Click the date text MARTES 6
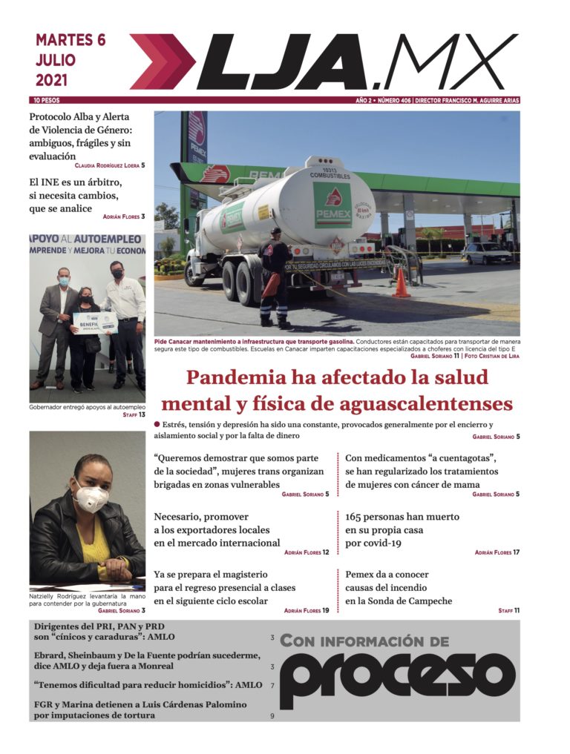71,40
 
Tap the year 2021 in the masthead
51,79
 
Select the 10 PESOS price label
46,100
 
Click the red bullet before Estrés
157,424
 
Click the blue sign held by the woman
94,322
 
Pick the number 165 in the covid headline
356,516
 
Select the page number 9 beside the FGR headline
272,716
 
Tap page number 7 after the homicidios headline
272,686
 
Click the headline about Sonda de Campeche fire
398,587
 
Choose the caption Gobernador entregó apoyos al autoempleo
87,407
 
